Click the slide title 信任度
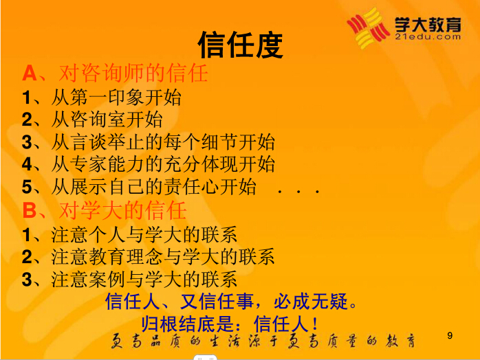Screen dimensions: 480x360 (240, 45)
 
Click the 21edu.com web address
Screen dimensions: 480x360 (428, 37)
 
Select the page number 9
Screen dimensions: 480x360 (450, 335)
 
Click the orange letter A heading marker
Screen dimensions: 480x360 (30, 74)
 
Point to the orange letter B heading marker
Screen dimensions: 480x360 (30, 210)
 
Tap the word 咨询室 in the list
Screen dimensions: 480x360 (98, 120)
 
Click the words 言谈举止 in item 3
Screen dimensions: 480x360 (107, 142)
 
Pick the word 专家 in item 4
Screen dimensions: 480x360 (89, 164)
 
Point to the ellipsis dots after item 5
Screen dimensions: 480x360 (298, 192)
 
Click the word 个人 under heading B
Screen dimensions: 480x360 (107, 235)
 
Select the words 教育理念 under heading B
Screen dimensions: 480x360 (126, 257)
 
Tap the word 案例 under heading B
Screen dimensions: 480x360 (107, 279)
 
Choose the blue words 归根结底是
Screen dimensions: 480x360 (187, 324)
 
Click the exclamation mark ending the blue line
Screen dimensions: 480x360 (315, 324)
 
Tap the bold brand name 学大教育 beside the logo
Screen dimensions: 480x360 (428, 24)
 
